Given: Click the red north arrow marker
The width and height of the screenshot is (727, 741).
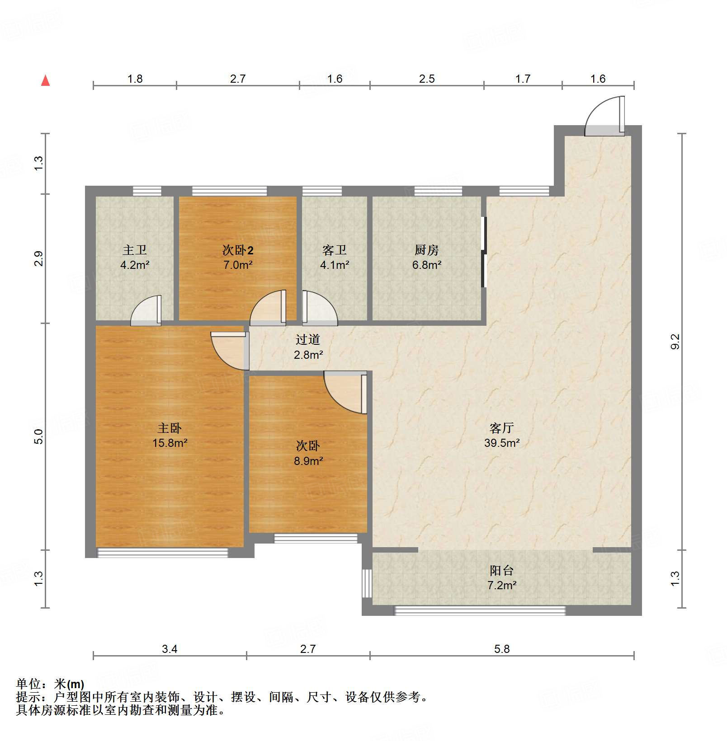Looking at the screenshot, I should click(45, 81).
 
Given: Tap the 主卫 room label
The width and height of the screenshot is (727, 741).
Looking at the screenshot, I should click(135, 250).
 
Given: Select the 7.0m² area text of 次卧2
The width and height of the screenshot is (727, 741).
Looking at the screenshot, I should click(238, 265).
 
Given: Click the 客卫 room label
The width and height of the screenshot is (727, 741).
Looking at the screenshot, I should click(335, 250).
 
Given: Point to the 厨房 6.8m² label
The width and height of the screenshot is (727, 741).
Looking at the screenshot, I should click(426, 257).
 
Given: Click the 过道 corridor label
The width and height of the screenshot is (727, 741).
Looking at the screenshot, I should click(308, 339).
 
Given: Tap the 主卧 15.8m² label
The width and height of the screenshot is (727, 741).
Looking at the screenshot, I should click(170, 435).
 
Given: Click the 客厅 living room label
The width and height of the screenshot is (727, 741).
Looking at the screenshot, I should click(501, 427).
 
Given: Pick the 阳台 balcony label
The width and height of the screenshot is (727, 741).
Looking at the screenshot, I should click(501, 570).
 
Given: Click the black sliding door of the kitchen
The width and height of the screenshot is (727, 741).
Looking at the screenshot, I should click(484, 252).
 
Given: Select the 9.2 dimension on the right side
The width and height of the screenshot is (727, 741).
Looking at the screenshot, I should click(675, 341).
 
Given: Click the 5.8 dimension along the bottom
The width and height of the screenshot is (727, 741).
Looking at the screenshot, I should click(501, 649).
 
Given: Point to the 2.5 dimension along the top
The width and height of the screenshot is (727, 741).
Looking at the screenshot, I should click(426, 79).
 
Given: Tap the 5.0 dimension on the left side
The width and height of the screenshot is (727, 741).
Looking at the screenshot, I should click(38, 436).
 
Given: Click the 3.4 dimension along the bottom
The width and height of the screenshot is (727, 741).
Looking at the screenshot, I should click(170, 649).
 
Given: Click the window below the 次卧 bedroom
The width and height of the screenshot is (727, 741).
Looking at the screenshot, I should click(316, 538).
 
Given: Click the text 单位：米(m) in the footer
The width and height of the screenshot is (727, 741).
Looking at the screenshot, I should click(50, 684).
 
